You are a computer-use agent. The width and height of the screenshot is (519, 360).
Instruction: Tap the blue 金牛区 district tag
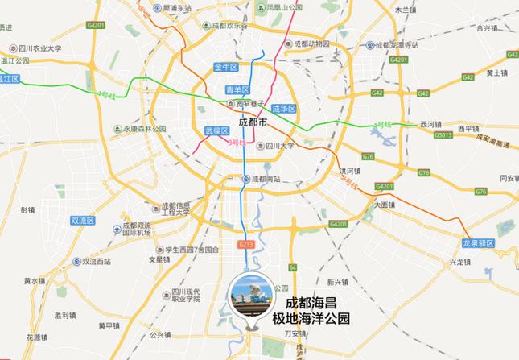[x=226, y=67]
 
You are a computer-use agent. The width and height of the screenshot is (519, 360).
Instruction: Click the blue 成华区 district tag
[x=285, y=109]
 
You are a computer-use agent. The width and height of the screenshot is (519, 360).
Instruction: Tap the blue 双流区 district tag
[x=83, y=220]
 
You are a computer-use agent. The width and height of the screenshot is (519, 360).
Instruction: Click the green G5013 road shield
[x=443, y=135]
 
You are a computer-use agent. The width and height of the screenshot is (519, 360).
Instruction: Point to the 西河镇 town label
[x=431, y=124]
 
